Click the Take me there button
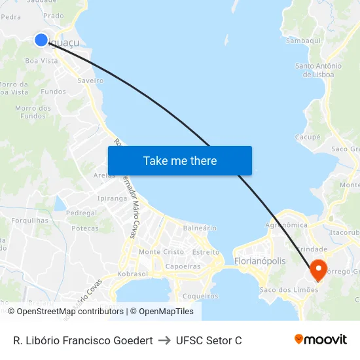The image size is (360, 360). pyautogui.click(x=180, y=161)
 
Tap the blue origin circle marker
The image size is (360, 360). pyautogui.click(x=41, y=40)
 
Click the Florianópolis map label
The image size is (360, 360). pyautogui.click(x=260, y=261)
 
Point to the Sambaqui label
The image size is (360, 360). pyautogui.click(x=303, y=40)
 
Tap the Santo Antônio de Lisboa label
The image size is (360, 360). pyautogui.click(x=318, y=70)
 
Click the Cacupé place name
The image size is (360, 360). pyautogui.click(x=308, y=137)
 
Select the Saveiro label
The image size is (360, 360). pyautogui.click(x=90, y=81)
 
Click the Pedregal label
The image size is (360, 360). pyautogui.click(x=81, y=213)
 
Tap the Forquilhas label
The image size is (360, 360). pyautogui.click(x=29, y=221)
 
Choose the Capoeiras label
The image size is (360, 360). pyautogui.click(x=183, y=266)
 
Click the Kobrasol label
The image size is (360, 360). pyautogui.click(x=133, y=274)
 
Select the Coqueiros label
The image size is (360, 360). pyautogui.click(x=200, y=296)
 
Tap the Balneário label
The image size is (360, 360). pyautogui.click(x=200, y=228)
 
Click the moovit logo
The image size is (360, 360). pyautogui.click(x=321, y=340)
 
